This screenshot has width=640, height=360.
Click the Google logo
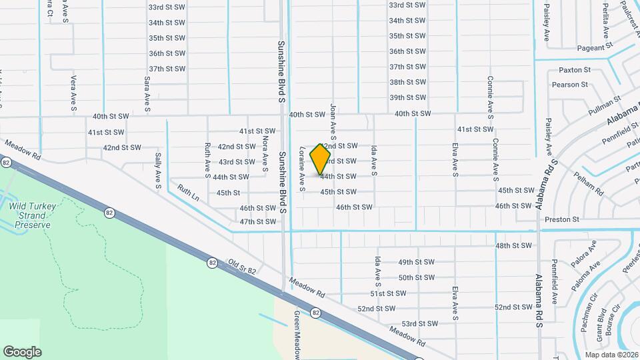coord(22,352)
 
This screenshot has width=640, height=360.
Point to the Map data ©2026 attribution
coord(611,355)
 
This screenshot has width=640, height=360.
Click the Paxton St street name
coord(575,70)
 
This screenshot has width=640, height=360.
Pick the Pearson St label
coord(569,85)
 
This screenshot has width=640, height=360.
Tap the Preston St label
coord(558,219)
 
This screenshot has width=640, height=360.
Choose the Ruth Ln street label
coord(188,193)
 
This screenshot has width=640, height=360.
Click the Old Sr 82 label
coord(242,267)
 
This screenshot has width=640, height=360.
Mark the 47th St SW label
coord(258,222)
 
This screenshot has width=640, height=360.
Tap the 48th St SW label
coord(513,246)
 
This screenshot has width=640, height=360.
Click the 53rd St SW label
coord(419,324)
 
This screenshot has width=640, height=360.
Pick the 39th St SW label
coord(407,98)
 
